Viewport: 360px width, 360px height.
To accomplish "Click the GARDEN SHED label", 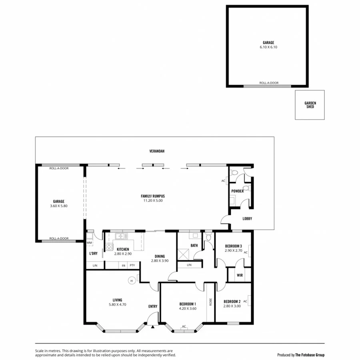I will tap(310, 105).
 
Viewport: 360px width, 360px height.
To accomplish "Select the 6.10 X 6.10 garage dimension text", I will tap(268, 47).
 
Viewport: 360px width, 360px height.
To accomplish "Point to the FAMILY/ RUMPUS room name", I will tap(153, 196).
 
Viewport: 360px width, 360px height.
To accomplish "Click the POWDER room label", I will tap(237, 191).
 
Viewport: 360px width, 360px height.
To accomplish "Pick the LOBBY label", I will tap(247, 218).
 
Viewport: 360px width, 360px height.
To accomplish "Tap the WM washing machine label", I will tap(89, 243).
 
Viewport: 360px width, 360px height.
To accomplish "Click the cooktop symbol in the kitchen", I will tap(109, 246).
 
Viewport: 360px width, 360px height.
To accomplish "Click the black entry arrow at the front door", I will tap(153, 326).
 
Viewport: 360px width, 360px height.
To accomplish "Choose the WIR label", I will tap(240, 275).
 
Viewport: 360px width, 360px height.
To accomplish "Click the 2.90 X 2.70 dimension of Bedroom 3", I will tap(233, 250).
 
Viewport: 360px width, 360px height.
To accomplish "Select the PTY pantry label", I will tap(132, 265).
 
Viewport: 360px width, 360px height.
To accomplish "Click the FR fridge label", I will tap(123, 265).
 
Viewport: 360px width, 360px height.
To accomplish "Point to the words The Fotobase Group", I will tap(310, 354).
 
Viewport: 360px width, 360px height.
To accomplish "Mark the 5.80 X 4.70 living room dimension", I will tap(117, 304).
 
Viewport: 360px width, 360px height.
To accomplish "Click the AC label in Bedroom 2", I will tap(245, 301).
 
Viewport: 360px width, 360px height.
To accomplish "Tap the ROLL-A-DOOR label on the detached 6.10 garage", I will tap(269, 83).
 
